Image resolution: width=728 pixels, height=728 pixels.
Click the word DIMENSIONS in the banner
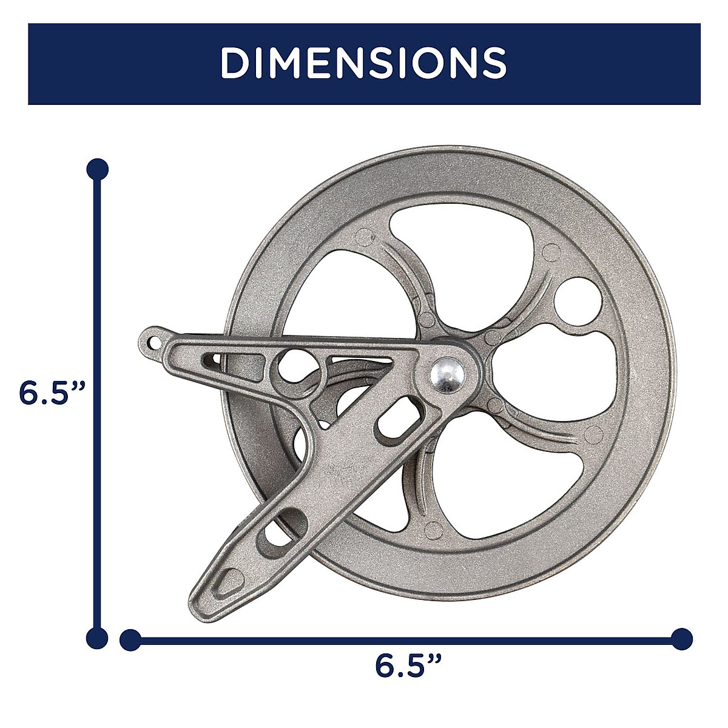tap(363, 63)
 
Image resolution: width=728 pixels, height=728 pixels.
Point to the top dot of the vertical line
tap(98, 169)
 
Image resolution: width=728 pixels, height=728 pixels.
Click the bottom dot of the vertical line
tap(98, 638)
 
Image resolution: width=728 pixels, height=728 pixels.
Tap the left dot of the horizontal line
tap(130, 639)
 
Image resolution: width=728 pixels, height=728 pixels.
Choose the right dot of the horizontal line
tap(682, 639)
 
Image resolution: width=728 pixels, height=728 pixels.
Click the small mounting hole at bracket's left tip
tap(153, 343)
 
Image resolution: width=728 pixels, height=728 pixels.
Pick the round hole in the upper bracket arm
tap(293, 363)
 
